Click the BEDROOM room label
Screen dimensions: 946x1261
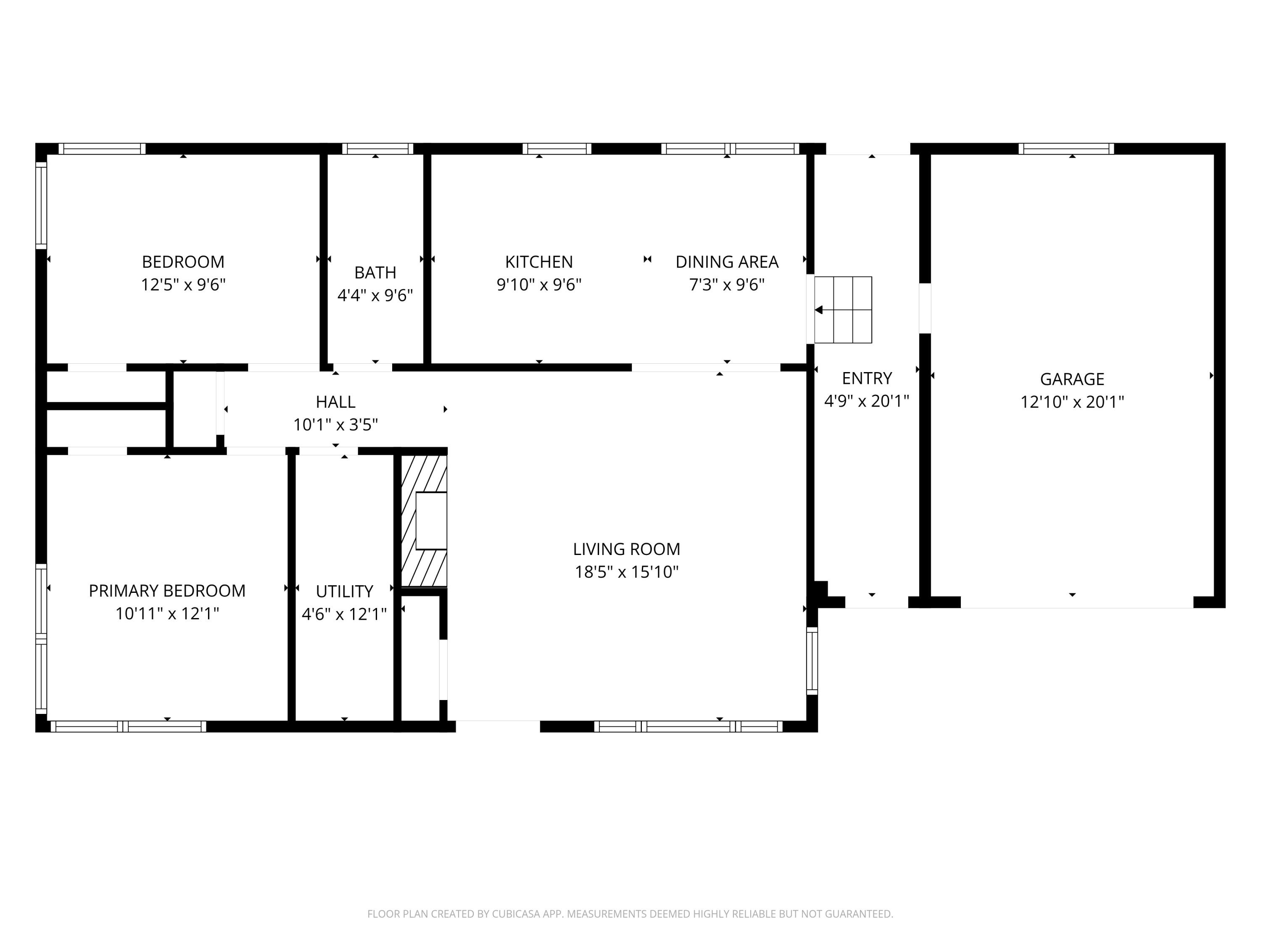(x=183, y=262)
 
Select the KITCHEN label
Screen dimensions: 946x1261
(x=539, y=262)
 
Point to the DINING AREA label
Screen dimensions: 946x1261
(x=727, y=262)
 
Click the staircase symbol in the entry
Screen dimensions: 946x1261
(x=843, y=309)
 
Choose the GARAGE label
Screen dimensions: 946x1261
(x=1072, y=379)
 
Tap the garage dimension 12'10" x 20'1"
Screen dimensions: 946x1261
(x=1072, y=402)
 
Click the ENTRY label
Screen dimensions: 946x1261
(x=866, y=378)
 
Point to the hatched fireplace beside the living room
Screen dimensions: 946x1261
(x=424, y=520)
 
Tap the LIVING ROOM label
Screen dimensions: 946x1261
(x=627, y=549)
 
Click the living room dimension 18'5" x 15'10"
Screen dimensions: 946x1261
(x=627, y=572)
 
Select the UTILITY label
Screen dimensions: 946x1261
(x=344, y=591)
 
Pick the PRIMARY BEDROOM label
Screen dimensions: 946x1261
(x=167, y=591)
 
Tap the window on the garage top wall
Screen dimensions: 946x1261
(x=1066, y=149)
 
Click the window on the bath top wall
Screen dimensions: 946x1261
(x=377, y=149)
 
